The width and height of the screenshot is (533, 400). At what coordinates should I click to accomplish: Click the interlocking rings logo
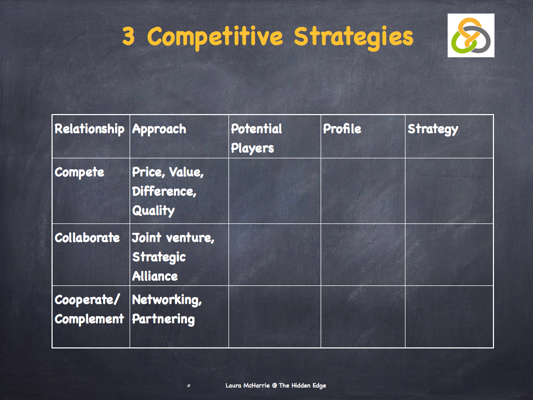(x=471, y=35)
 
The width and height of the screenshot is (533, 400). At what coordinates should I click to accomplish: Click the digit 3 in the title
(x=129, y=37)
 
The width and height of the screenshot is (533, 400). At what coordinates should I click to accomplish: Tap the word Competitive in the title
(x=215, y=37)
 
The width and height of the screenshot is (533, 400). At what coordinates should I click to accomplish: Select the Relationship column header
(x=90, y=129)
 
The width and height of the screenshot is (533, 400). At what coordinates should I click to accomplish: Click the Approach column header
(x=159, y=129)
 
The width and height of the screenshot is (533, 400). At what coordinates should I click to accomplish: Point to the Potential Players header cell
(x=257, y=139)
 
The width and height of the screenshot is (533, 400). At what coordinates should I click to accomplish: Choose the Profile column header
(x=342, y=129)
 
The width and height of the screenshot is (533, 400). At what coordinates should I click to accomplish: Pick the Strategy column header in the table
(x=433, y=129)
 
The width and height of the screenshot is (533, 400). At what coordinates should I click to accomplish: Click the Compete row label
(x=79, y=172)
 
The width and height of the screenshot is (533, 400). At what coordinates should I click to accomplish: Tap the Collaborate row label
(x=87, y=238)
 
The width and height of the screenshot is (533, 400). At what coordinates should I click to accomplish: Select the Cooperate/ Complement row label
(x=90, y=309)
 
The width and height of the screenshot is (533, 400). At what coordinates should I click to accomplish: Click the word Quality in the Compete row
(x=153, y=211)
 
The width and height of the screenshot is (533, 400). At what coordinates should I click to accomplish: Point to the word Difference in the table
(x=164, y=192)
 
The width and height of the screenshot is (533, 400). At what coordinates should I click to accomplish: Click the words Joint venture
(x=173, y=238)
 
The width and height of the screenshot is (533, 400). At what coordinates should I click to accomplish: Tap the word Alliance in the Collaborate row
(x=155, y=277)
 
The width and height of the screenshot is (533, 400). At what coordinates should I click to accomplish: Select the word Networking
(x=167, y=300)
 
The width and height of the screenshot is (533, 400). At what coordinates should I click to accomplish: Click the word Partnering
(x=163, y=319)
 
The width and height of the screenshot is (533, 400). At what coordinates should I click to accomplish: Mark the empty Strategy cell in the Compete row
(x=449, y=191)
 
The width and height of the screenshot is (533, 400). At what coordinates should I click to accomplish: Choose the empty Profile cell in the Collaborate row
(x=363, y=255)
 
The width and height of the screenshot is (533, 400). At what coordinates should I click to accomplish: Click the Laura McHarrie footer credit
(x=276, y=385)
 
